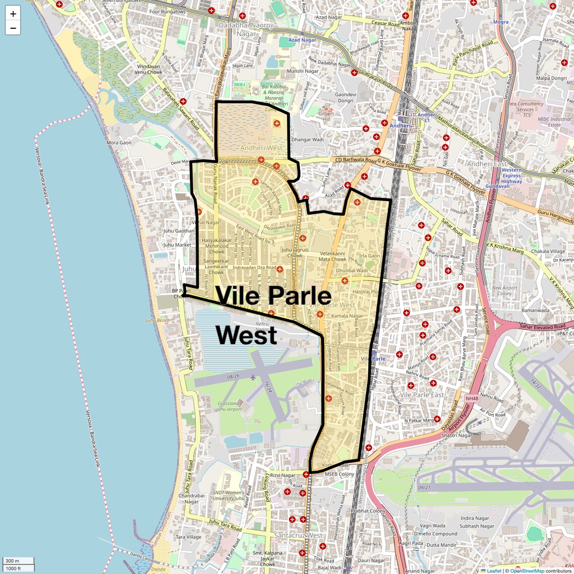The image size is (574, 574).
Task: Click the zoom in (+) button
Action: (13, 14)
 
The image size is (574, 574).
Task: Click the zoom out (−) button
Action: (13, 28)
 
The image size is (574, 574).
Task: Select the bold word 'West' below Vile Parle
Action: (247, 335)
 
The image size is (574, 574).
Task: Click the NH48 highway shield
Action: (472, 399)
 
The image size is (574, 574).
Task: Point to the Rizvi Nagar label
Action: (282, 475)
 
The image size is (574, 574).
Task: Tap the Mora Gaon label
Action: (119, 142)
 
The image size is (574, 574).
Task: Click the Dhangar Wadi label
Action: (307, 139)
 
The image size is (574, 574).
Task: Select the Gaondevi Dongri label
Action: (345, 98)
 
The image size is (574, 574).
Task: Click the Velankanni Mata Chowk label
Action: (332, 257)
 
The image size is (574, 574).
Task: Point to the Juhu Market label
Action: (177, 245)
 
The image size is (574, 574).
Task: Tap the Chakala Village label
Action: (548, 251)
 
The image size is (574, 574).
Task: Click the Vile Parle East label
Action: (422, 395)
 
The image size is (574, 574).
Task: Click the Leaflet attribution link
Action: (494, 571)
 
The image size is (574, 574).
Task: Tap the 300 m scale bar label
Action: (13, 561)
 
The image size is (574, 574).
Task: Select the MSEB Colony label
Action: (339, 474)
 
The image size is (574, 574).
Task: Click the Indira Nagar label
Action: (474, 518)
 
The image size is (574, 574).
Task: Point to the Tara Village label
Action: (188, 537)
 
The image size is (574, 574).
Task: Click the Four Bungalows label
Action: (167, 12)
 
